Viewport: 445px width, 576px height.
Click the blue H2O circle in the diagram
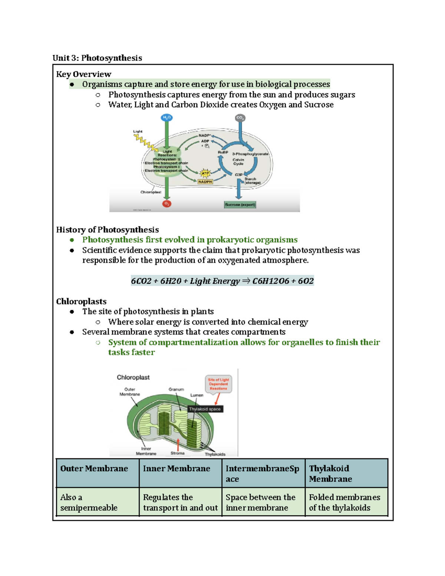click(x=167, y=118)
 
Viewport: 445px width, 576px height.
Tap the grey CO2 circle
click(x=240, y=118)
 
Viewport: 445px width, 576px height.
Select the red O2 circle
click(x=167, y=204)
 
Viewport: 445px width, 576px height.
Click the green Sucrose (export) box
click(x=240, y=205)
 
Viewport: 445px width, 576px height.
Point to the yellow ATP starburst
click(x=205, y=173)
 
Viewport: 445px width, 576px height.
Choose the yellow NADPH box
click(x=205, y=182)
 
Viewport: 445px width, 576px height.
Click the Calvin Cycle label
click(x=238, y=162)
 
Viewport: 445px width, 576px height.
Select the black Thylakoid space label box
click(x=205, y=409)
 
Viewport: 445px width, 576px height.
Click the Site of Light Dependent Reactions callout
click(x=218, y=384)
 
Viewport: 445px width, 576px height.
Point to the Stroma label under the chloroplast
click(x=178, y=453)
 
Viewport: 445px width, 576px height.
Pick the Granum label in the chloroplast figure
click(x=176, y=389)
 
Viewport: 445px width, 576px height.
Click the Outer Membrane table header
click(x=94, y=469)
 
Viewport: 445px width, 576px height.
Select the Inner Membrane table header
click(x=177, y=469)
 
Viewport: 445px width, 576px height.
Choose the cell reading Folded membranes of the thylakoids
click(x=345, y=502)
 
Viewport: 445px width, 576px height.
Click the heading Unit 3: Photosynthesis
click(x=97, y=58)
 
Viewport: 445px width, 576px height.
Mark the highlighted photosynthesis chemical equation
click(x=222, y=281)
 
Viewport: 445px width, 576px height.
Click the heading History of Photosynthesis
click(x=107, y=230)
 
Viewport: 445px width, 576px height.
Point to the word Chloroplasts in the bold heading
click(x=81, y=302)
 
